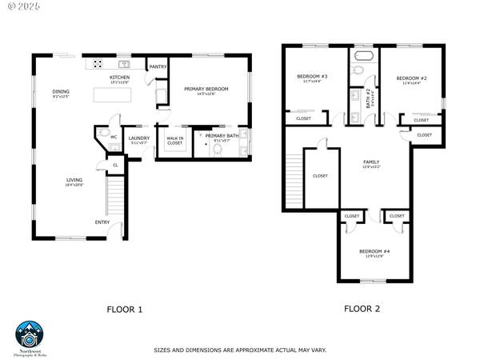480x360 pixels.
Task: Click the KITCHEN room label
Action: (119, 78)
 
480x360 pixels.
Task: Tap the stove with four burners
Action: (96, 64)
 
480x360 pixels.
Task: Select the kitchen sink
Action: (124, 64)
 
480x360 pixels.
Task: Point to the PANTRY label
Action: (158, 67)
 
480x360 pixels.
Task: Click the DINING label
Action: (61, 91)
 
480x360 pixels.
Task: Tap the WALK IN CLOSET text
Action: (174, 141)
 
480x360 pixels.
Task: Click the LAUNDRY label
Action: (139, 126)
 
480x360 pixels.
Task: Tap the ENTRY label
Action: (102, 222)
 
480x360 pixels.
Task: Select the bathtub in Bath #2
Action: (364, 58)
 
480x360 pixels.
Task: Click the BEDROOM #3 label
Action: (309, 77)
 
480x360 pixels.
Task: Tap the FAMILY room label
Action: (372, 162)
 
